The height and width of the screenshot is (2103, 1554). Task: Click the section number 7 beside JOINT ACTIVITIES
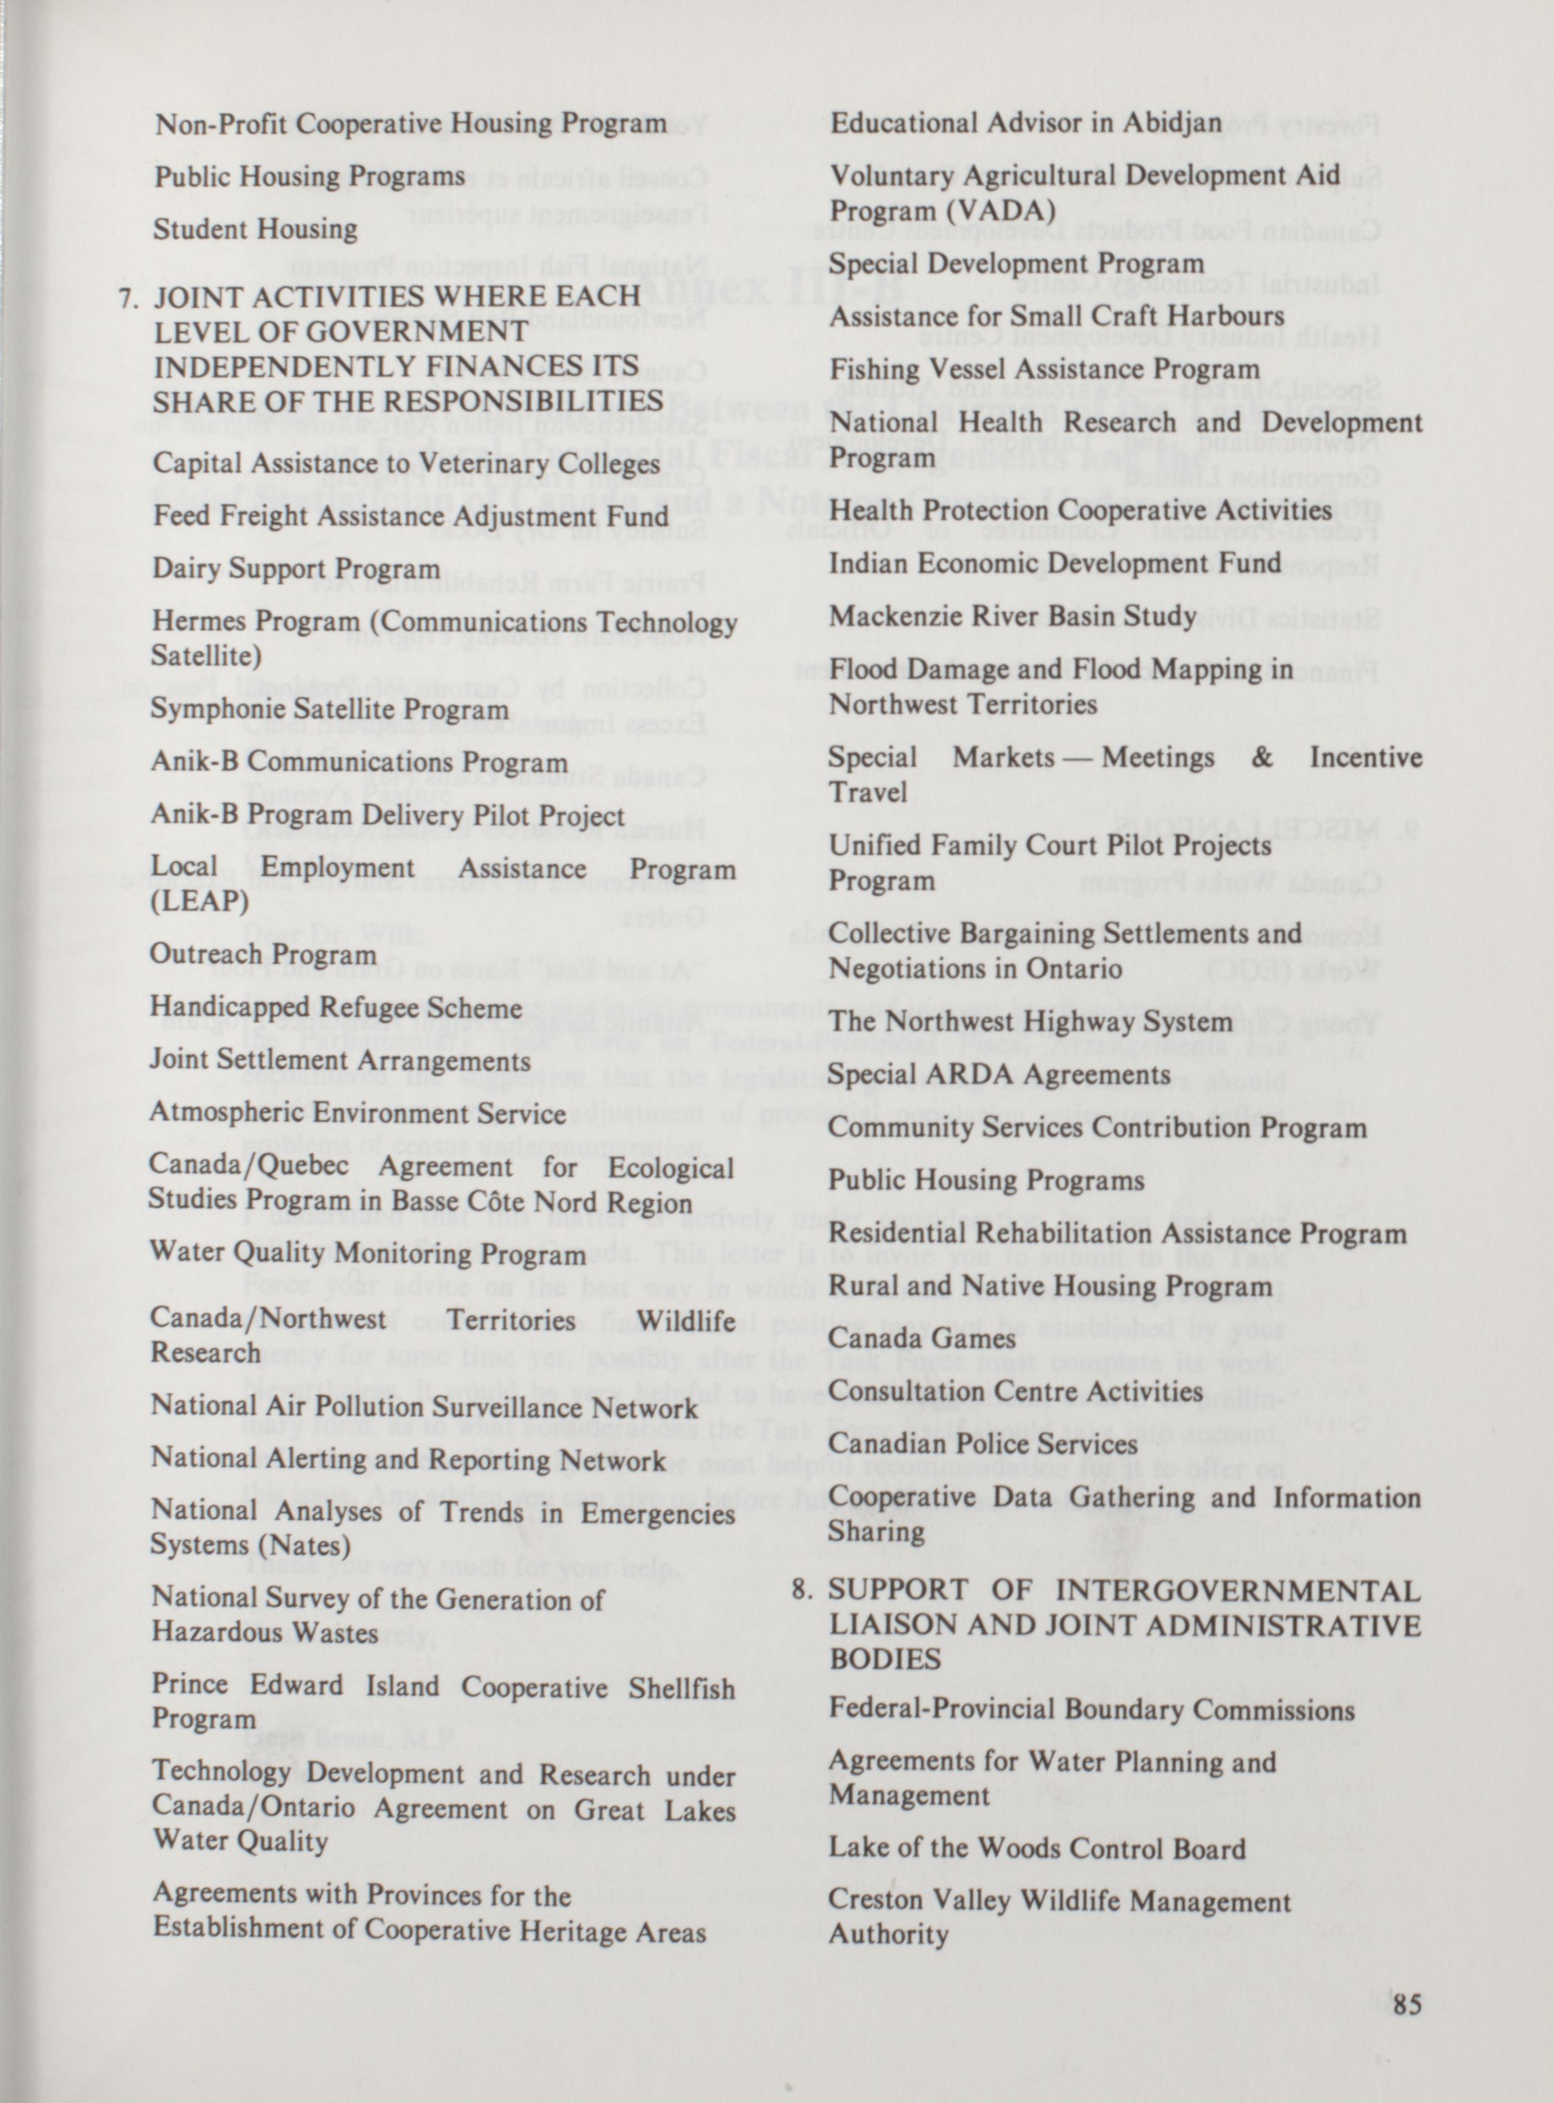(128, 297)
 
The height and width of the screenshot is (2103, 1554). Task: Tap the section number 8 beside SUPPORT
(800, 1590)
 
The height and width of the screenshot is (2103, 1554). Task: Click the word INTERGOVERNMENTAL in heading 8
(1238, 1590)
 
